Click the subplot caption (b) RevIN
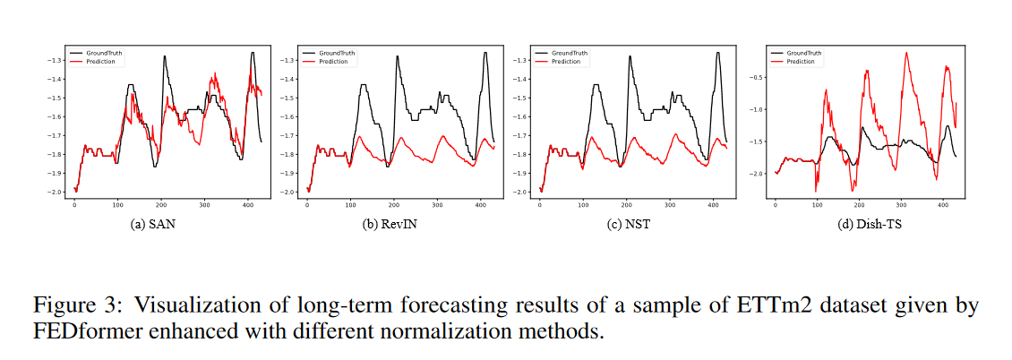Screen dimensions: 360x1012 pos(386,225)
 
